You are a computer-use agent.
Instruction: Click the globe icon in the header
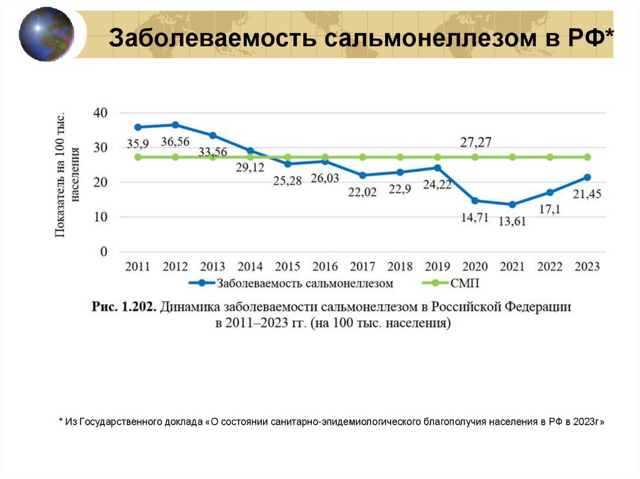[x=46, y=34]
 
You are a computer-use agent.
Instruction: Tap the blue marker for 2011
[x=137, y=127]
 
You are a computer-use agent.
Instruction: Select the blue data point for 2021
[x=512, y=204]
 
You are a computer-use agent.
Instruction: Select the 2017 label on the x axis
[x=362, y=267]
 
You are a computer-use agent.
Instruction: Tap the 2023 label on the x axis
[x=587, y=267]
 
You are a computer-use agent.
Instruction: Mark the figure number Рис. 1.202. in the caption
[x=124, y=307]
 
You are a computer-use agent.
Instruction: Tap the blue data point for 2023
[x=587, y=177]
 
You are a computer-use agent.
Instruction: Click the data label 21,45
[x=587, y=194]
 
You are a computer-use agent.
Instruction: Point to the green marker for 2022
[x=550, y=157]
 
